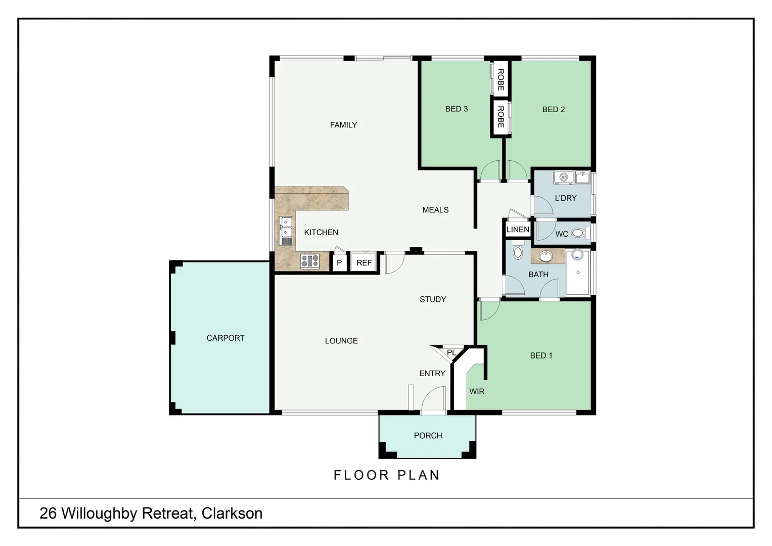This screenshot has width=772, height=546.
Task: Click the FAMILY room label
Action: (343, 125)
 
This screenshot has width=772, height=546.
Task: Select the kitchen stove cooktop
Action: (310, 261)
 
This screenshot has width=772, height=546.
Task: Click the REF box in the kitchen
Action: (364, 263)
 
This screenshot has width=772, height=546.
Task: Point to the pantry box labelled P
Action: (339, 263)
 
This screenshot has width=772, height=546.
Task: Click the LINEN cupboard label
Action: (518, 230)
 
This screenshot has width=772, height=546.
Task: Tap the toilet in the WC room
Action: (578, 234)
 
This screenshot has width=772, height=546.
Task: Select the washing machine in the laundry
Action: (563, 177)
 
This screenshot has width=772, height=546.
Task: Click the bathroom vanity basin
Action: (546, 256)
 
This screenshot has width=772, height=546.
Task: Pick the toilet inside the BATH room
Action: (517, 251)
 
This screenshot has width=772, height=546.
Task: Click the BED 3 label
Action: (456, 109)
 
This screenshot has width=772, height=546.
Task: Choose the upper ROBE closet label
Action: (501, 80)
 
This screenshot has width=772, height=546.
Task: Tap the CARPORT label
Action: (225, 338)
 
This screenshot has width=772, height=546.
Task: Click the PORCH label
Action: (428, 435)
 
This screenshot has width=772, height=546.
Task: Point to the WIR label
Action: (477, 391)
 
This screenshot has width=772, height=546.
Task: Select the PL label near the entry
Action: (451, 352)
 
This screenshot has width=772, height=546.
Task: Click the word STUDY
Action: (433, 299)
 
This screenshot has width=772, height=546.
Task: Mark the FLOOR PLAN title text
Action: (387, 475)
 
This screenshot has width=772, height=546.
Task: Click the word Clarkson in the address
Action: (232, 513)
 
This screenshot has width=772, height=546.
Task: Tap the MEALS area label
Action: (435, 210)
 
